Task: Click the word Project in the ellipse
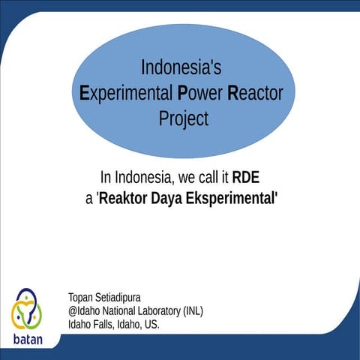click(183, 118)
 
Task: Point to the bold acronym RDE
click(246, 178)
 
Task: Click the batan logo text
click(28, 339)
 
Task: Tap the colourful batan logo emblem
click(27, 310)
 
